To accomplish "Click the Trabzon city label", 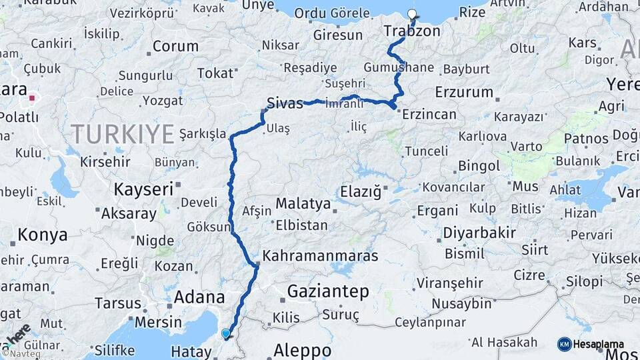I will (x=412, y=31).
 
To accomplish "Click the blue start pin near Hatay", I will (x=226, y=333).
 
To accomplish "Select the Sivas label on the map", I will (x=285, y=103).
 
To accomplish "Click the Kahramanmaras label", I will (x=321, y=255).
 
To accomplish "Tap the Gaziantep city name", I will (x=328, y=291).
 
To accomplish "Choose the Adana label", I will (x=198, y=297).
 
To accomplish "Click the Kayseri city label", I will (x=143, y=189).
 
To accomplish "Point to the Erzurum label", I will (x=463, y=91).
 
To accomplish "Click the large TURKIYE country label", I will (x=123, y=134).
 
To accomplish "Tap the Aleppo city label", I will (x=302, y=350).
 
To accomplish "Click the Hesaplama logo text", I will (x=599, y=345).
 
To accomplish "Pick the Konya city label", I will (x=43, y=235).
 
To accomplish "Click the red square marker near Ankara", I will (x=31, y=101).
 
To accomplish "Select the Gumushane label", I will (x=399, y=68).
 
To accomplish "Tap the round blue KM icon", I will (x=564, y=344).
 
